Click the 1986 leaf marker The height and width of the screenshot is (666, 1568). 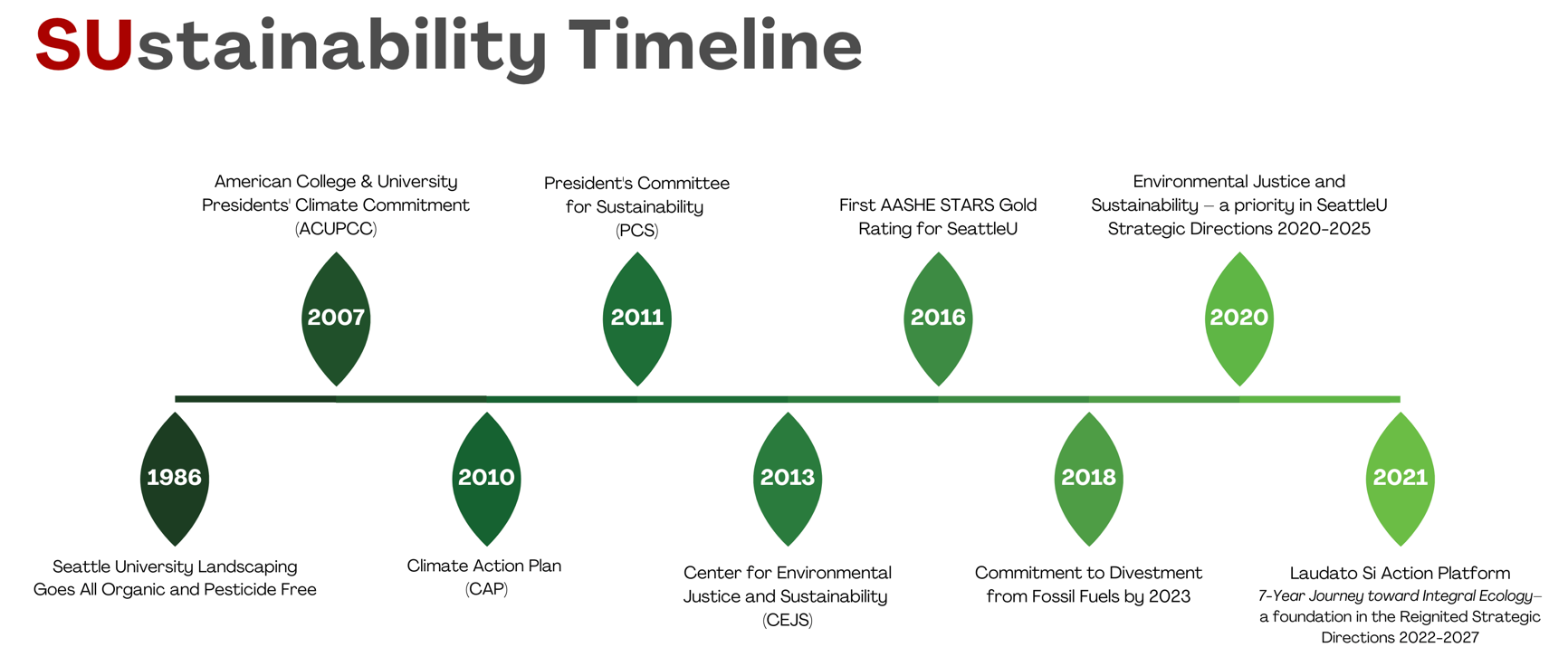click(175, 479)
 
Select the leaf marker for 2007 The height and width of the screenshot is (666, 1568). click(336, 319)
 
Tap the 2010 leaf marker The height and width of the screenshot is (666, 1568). click(486, 479)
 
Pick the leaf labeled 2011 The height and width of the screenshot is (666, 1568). click(637, 319)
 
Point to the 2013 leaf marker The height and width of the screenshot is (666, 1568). click(788, 479)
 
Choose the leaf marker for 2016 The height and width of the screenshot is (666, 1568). click(938, 319)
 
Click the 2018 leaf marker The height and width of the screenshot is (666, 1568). click(1089, 479)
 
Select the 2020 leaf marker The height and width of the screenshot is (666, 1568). click(1239, 319)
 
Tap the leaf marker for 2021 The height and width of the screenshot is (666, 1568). click(1401, 479)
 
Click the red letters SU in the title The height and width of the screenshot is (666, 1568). click(84, 45)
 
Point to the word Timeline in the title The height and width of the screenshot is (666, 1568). click(715, 45)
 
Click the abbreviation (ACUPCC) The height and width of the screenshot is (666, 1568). click(336, 229)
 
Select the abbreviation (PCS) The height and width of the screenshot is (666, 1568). click(637, 231)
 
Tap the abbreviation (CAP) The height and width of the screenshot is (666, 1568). click(486, 589)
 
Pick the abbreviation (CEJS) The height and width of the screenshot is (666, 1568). click(788, 620)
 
